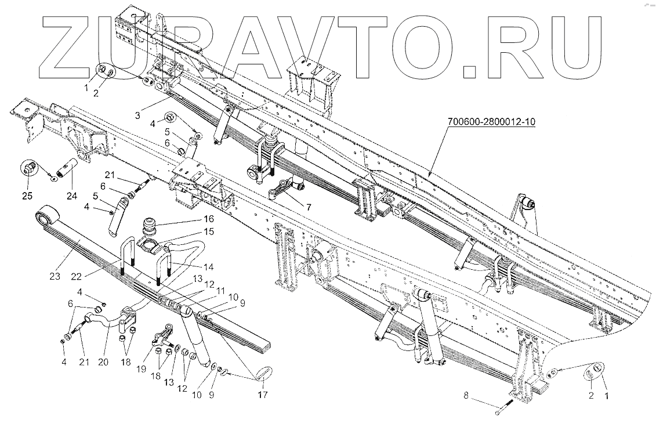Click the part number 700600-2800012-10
click(x=490, y=122)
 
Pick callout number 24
click(x=72, y=196)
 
